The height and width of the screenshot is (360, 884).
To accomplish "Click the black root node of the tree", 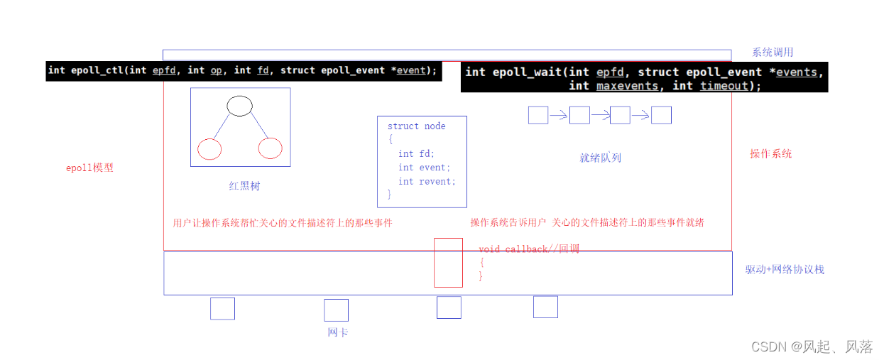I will pyautogui.click(x=239, y=107).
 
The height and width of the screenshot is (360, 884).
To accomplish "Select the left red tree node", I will pyautogui.click(x=209, y=148).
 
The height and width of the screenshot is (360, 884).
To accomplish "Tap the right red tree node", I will pyautogui.click(x=271, y=148).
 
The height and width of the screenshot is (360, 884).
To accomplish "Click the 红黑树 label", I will pyautogui.click(x=244, y=186).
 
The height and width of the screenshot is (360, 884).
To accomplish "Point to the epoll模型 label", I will pyautogui.click(x=89, y=168).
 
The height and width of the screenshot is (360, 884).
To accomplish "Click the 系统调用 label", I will pyautogui.click(x=773, y=52).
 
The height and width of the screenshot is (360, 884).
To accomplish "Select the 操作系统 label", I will pyautogui.click(x=770, y=153).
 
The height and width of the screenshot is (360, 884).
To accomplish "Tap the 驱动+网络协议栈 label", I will pyautogui.click(x=785, y=269).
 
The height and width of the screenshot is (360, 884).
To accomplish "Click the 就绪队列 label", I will pyautogui.click(x=600, y=158).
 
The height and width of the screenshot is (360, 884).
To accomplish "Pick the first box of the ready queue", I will pyautogui.click(x=538, y=115).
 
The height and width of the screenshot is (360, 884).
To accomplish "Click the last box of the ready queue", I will pyautogui.click(x=661, y=115).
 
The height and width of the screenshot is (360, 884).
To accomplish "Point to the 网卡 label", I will pyautogui.click(x=337, y=332).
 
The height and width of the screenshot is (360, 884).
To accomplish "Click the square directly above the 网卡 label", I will pyautogui.click(x=336, y=310).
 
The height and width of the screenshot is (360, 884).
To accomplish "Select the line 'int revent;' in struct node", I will pyautogui.click(x=427, y=181).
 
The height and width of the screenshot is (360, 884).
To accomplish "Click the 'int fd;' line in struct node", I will pyautogui.click(x=416, y=153).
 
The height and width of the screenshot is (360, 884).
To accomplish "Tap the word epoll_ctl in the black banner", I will pyautogui.click(x=96, y=70).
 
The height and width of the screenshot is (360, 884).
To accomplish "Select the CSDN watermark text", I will pyautogui.click(x=812, y=347).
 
